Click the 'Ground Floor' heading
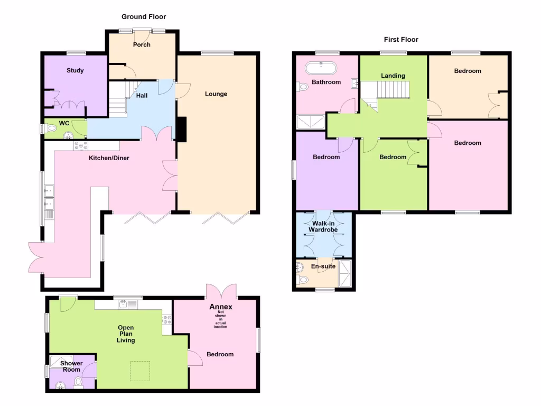144,17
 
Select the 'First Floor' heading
401,40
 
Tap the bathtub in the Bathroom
321,68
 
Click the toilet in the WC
51,128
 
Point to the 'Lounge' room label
216,94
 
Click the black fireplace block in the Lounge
181,130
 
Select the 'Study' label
75,70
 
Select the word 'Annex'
220,307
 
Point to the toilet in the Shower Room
78,382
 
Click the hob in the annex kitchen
167,319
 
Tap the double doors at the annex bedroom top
221,291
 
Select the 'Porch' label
142,44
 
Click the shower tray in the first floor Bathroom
311,122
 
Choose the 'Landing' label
393,76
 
